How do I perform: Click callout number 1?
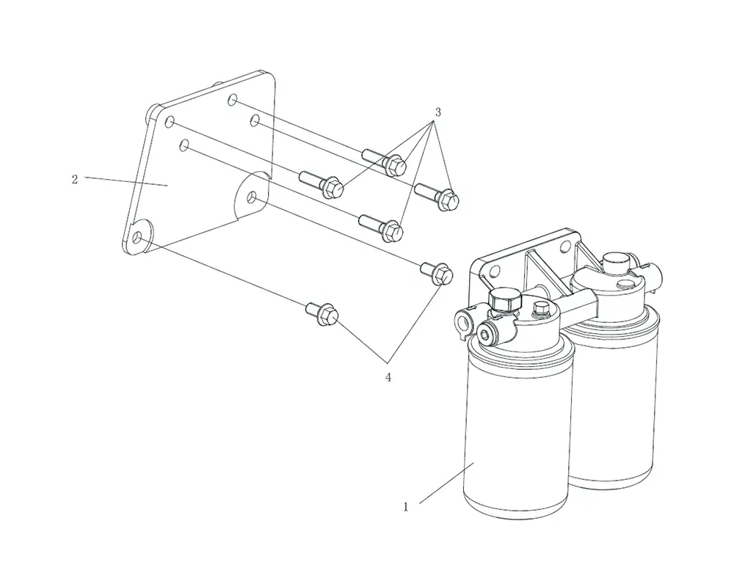(406, 507)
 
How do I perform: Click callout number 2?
(74, 179)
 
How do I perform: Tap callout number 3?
(437, 112)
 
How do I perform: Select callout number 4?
(388, 377)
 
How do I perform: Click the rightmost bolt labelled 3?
(437, 196)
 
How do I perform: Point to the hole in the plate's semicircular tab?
(252, 195)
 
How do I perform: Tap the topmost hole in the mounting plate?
(233, 100)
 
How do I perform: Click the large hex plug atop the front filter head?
(505, 299)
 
